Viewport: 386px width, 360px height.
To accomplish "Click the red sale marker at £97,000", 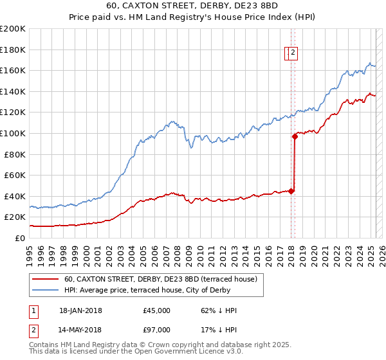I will pos(295,136).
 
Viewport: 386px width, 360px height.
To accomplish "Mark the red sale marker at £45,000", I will pos(291,190).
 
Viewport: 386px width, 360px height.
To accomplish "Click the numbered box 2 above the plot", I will pos(293,53).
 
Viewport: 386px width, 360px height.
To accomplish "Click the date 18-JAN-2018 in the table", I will pos(80,310).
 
